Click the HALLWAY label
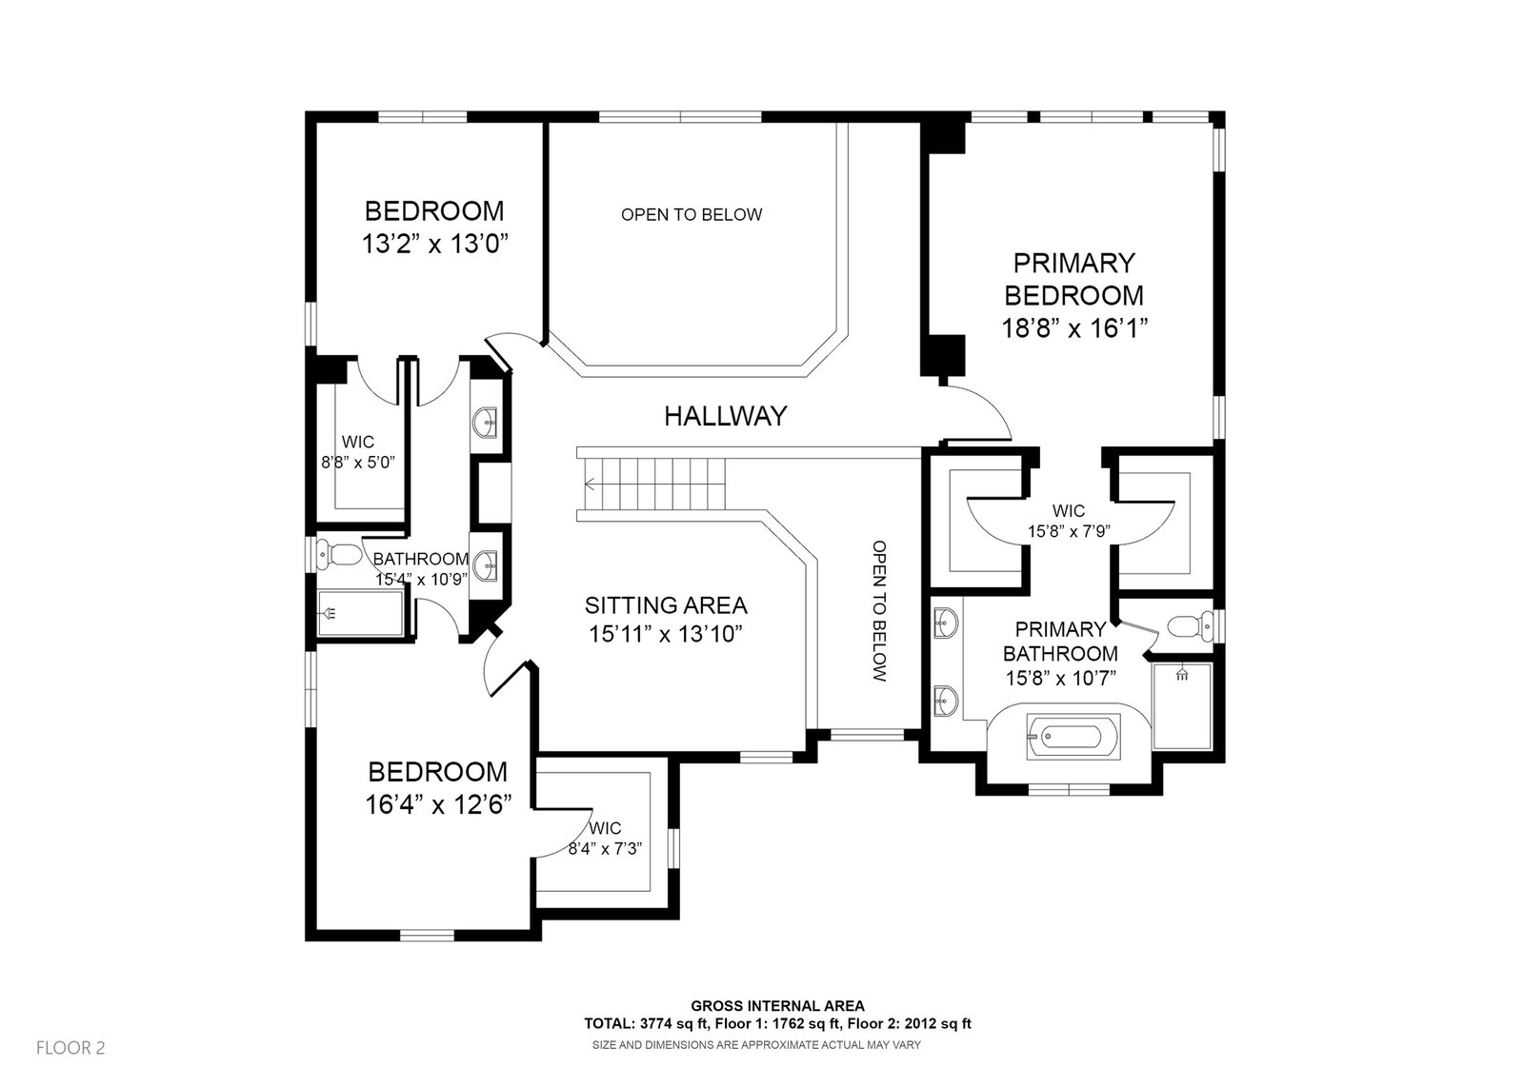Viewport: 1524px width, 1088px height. (726, 416)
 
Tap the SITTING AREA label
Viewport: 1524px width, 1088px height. (666, 605)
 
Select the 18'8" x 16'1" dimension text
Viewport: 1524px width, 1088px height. (1073, 328)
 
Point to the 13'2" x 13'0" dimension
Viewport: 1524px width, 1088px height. (433, 244)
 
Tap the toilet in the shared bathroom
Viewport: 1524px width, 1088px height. (339, 552)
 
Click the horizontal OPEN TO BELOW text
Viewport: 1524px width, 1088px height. (692, 214)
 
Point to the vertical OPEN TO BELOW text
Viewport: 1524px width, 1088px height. (879, 611)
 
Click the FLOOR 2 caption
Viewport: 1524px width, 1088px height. (70, 1048)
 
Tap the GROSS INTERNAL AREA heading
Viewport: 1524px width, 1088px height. (777, 1005)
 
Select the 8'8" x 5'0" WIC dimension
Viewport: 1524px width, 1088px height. (357, 463)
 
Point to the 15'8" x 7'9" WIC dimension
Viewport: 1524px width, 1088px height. (1068, 531)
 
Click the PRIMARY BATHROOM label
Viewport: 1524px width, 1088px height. (1060, 642)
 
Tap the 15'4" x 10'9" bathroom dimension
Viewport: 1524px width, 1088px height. (420, 579)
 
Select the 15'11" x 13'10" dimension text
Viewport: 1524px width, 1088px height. (665, 634)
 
